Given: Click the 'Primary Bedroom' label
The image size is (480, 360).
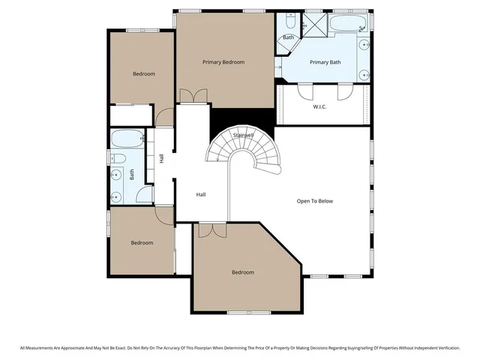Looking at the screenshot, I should tap(223, 62).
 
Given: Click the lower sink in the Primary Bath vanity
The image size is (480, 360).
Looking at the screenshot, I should tap(364, 74).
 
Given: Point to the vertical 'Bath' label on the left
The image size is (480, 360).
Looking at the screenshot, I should tap(132, 174).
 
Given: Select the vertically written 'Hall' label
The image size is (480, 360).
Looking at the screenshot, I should tap(161, 158).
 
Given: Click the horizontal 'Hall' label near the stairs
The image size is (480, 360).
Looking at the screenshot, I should tap(201, 194).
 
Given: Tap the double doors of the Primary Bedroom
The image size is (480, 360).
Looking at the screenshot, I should tap(193, 96).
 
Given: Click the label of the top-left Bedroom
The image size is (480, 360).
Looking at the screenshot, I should tap(143, 73).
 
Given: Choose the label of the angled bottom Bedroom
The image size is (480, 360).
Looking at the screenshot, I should tap(242, 272).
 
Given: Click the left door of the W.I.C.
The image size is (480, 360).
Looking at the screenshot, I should tap(305, 91).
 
